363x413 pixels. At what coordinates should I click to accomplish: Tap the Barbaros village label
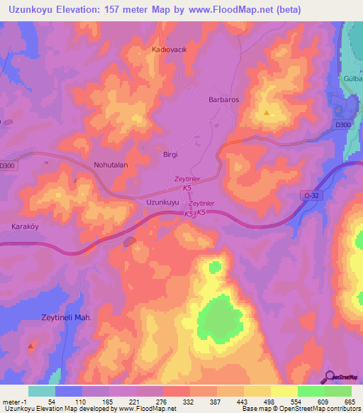223,100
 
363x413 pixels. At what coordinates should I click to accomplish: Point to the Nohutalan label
111,165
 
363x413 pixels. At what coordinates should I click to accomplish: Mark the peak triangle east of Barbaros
267,113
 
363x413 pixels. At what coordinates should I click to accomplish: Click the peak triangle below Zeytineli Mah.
30,347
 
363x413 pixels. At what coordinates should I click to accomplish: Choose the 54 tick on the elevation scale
52,402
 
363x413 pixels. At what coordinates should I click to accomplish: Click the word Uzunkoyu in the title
36,10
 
